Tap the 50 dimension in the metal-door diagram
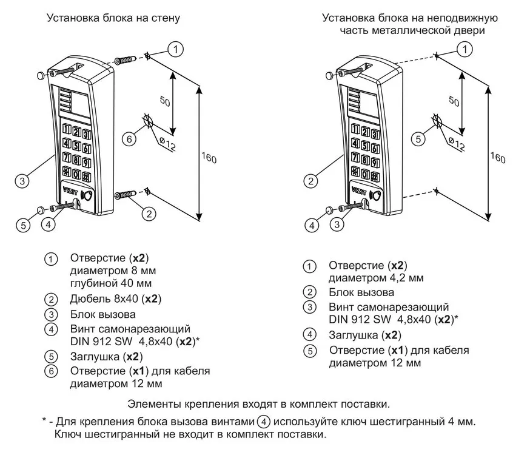coord(451,101)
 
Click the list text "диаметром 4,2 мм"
coord(376,278)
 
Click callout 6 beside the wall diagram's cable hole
coord(128,139)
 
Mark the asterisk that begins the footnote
coord(45,420)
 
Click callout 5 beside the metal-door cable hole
coord(417,139)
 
